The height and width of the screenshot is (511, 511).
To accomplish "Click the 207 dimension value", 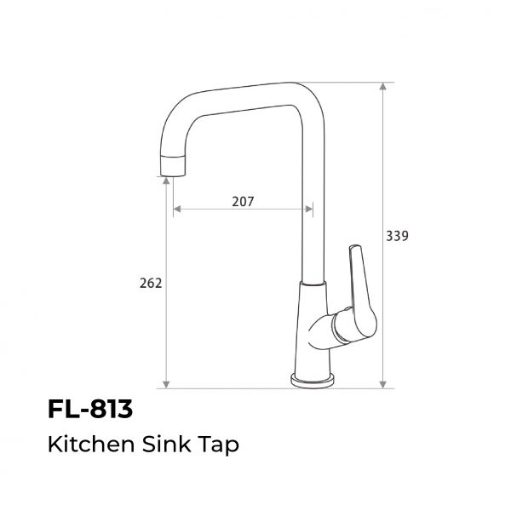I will click(243, 202).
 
